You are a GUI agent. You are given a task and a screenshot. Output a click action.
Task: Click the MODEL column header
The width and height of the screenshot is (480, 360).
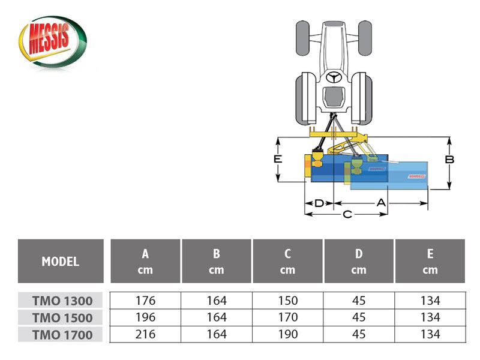click(60, 262)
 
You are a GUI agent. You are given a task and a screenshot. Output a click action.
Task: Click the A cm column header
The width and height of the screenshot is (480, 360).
click(145, 262)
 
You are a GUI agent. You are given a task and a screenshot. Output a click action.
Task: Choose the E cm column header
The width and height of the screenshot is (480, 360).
click(430, 262)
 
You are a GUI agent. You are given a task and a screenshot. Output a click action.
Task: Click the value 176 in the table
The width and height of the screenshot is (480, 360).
click(145, 301)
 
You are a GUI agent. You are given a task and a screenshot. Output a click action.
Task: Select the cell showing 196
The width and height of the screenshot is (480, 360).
click(145, 317)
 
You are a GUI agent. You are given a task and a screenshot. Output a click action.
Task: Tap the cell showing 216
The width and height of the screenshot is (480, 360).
click(145, 334)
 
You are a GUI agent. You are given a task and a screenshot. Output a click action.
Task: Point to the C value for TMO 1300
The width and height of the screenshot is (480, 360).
click(287, 301)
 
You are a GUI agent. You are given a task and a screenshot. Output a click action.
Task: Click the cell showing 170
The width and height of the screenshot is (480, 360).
click(287, 317)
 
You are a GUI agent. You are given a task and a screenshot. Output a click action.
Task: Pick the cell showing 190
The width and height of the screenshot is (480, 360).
click(287, 334)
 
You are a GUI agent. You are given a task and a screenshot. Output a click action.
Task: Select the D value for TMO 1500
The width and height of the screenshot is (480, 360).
click(358, 317)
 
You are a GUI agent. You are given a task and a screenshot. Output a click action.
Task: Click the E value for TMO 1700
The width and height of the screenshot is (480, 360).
click(430, 334)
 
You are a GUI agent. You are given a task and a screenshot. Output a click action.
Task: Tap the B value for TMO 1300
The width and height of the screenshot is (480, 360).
click(217, 301)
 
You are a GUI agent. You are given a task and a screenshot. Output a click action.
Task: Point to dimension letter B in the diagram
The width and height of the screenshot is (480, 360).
click(449, 160)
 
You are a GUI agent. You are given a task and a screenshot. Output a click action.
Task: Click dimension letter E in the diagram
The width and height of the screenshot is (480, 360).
click(278, 159)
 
